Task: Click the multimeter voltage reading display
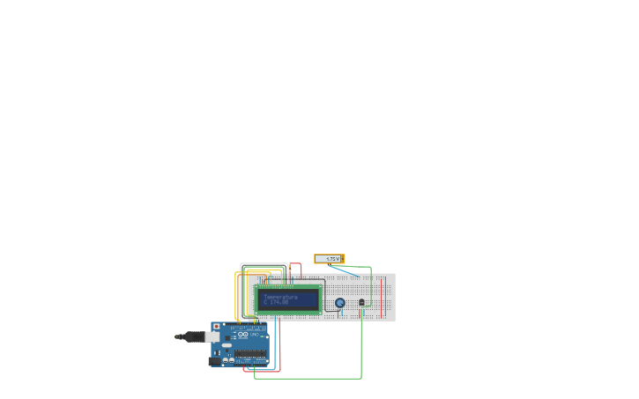[x=331, y=259]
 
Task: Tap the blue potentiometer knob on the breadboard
[x=340, y=303]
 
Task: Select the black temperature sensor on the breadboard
[x=361, y=302]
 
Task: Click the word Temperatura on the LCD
[x=280, y=297]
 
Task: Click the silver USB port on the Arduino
[x=212, y=336]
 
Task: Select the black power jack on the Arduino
[x=214, y=360]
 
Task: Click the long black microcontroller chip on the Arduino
[x=250, y=353]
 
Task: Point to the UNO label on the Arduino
[x=254, y=335]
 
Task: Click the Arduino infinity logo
[x=243, y=335]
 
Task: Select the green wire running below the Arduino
[x=308, y=379]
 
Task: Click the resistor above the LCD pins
[x=289, y=268]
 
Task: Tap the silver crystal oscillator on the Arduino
[x=226, y=344]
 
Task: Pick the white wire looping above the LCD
[x=264, y=263]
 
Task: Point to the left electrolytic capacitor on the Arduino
[x=226, y=359]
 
